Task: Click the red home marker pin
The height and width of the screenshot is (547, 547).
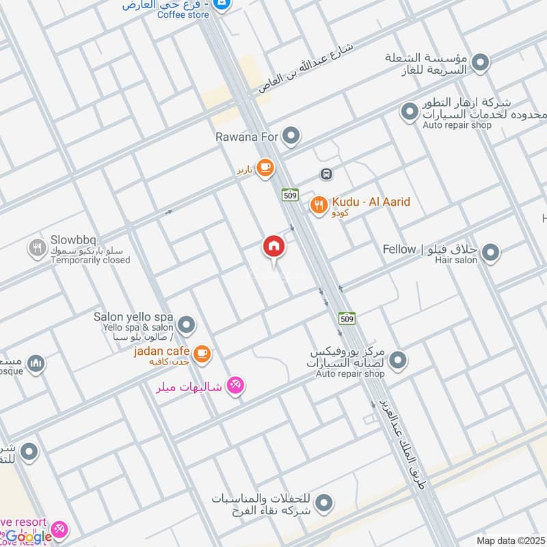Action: [274, 247]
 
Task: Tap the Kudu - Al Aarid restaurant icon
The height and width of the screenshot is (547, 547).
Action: [318, 204]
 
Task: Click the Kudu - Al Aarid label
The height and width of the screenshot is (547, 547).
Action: [371, 202]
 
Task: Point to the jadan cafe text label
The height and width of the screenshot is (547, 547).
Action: [161, 351]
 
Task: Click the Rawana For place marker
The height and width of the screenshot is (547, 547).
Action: [292, 137]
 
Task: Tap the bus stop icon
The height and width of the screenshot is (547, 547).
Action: [327, 174]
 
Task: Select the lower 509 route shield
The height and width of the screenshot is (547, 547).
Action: [347, 318]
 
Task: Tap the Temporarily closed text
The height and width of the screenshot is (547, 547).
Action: [90, 261]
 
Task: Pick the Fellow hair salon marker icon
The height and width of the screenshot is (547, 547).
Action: [490, 254]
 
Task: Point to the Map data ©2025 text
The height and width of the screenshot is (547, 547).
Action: [510, 540]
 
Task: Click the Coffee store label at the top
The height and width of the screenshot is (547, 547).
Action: [183, 14]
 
